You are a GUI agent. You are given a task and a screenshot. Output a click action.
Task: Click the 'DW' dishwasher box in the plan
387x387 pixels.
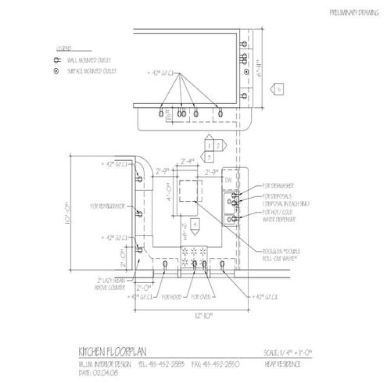(229, 181)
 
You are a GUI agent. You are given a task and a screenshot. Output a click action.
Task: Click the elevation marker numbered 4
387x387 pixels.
(199, 225)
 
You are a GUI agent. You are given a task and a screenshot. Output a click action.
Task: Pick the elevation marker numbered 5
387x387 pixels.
(278, 91)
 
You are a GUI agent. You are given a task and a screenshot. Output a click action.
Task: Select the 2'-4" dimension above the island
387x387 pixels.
(187, 161)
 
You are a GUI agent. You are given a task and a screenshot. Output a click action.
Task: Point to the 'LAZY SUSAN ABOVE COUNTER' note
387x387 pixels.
(112, 282)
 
